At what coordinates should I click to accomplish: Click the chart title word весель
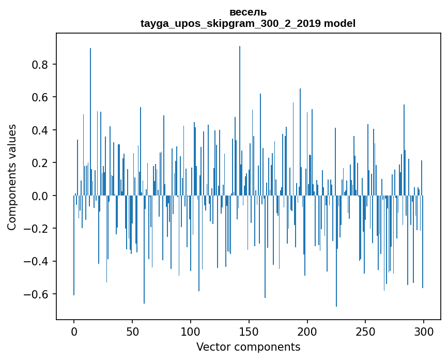pos(248,12)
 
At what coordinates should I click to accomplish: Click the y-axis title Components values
pos(12,177)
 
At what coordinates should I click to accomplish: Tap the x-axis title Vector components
pos(248,347)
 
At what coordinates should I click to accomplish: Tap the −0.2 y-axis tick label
pos(37,229)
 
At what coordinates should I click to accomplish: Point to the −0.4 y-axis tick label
pos(37,261)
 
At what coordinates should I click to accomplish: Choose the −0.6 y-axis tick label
pos(37,294)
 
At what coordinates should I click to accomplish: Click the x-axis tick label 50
pos(132,331)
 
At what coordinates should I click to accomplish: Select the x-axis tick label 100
pos(191,331)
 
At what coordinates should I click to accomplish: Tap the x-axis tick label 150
pos(249,331)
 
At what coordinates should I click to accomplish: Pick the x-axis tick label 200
pos(307,331)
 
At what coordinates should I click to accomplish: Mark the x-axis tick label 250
pos(366,331)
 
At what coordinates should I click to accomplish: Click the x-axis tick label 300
pos(424,331)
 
